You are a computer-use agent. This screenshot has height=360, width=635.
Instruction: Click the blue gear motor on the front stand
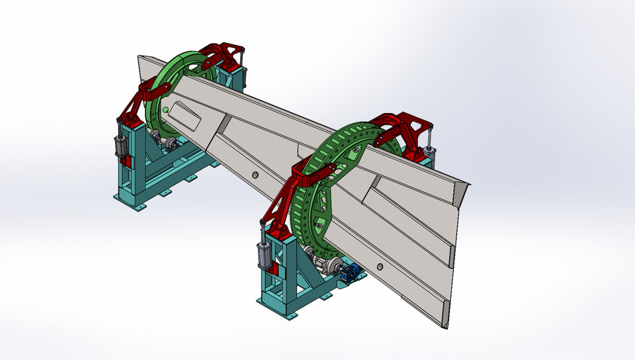(x=354, y=272)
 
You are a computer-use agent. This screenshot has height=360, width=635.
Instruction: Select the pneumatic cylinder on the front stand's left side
(x=263, y=254)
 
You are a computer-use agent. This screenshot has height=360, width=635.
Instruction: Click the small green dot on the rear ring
(x=165, y=110)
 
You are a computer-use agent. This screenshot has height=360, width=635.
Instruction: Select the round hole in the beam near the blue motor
(x=379, y=266)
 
